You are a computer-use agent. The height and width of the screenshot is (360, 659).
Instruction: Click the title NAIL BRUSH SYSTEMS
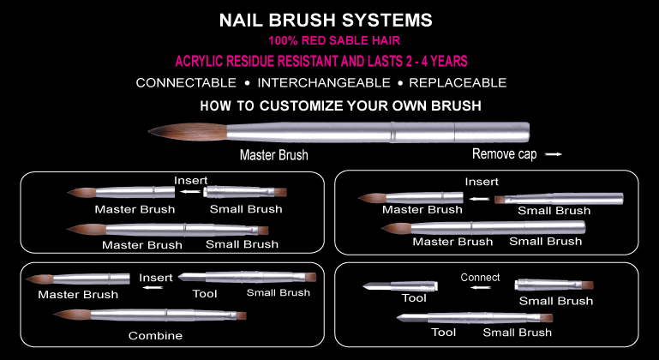(326, 21)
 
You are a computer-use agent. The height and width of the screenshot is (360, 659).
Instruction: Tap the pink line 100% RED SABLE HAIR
(334, 41)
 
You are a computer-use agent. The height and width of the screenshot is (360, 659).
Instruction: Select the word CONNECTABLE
(186, 83)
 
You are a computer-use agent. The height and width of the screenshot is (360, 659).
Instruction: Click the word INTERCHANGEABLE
(324, 83)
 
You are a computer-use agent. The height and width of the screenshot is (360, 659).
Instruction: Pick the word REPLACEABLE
(458, 83)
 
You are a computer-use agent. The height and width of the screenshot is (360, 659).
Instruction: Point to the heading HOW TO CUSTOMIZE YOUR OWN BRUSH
(340, 105)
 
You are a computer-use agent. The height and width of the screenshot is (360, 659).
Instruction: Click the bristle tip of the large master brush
(149, 132)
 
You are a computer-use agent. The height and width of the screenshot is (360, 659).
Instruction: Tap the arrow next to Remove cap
(554, 154)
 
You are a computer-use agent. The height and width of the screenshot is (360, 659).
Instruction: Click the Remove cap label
(505, 154)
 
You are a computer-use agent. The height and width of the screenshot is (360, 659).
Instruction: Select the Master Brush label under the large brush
(274, 155)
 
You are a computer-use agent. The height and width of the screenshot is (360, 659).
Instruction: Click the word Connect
(480, 278)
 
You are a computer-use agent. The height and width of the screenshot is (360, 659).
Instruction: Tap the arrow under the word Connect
(481, 288)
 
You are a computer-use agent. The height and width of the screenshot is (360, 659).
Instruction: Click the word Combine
(155, 336)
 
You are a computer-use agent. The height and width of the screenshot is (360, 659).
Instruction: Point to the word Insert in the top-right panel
(482, 182)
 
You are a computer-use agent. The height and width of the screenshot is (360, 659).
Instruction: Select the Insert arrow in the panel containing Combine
(153, 288)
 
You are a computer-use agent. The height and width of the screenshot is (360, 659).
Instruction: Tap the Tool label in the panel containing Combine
(205, 293)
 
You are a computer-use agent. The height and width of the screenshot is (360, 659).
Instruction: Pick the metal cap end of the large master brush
(492, 132)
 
